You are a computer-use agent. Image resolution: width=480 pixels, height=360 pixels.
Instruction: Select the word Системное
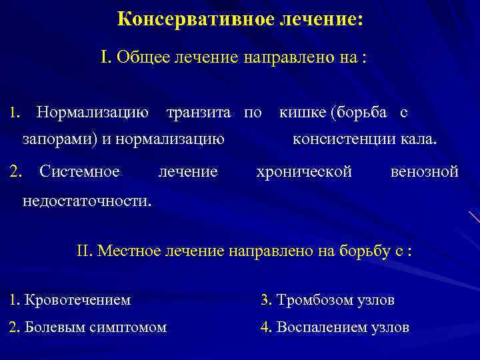pyautogui.click(x=79, y=172)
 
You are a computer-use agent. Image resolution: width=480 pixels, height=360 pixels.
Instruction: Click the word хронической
pyautogui.click(x=304, y=172)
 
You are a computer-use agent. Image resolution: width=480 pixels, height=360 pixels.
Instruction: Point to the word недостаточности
pyautogui.click(x=86, y=200)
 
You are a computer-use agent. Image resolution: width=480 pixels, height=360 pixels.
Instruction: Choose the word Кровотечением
pyautogui.click(x=77, y=300)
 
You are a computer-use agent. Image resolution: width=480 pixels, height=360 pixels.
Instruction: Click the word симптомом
pyautogui.click(x=129, y=327)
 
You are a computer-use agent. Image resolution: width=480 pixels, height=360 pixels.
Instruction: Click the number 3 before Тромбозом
pyautogui.click(x=265, y=300)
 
